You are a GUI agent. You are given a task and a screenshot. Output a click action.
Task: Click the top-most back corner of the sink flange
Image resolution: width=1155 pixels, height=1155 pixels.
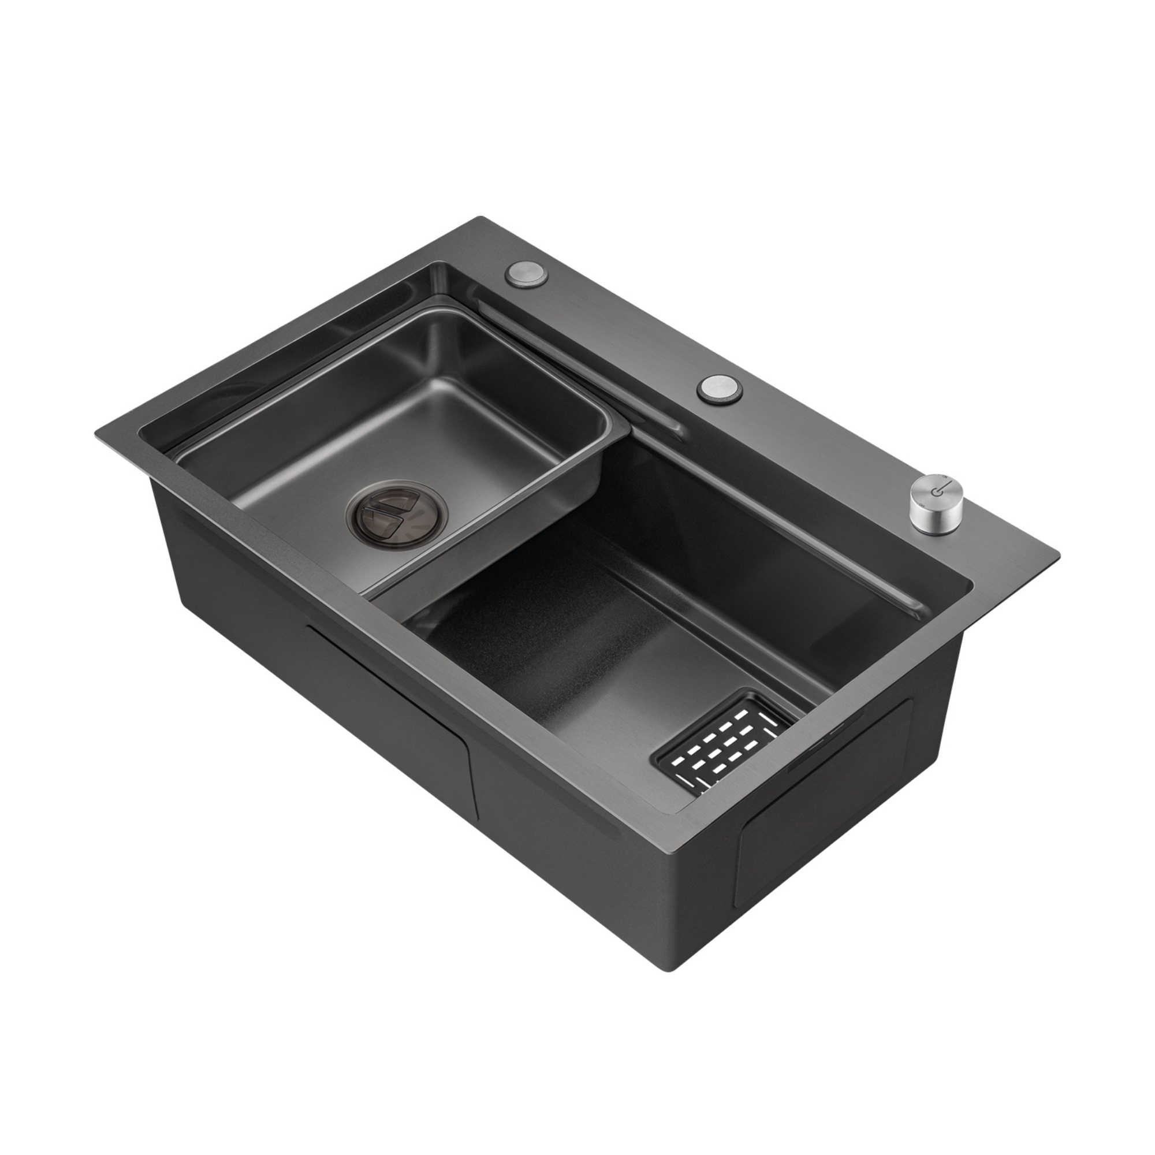pyautogui.click(x=478, y=218)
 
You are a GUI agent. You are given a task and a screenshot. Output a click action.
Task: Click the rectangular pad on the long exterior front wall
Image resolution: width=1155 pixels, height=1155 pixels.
pyautogui.click(x=389, y=724)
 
